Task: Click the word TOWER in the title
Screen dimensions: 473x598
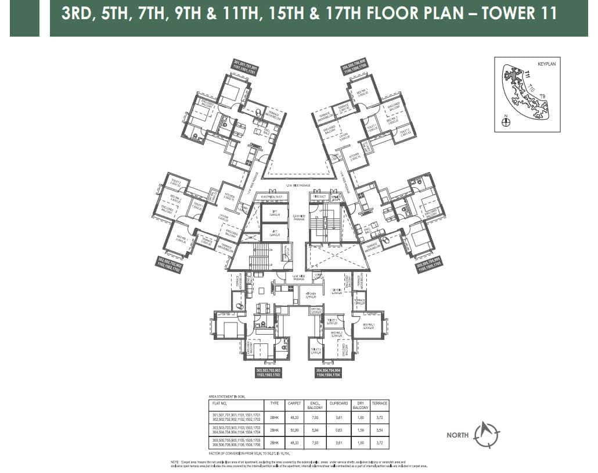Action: [498, 13]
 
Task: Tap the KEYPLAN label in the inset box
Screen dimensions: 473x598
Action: [546, 64]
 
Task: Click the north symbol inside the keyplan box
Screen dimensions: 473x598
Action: [506, 122]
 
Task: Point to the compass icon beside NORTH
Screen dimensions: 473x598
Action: [487, 433]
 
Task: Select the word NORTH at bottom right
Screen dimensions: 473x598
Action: [458, 435]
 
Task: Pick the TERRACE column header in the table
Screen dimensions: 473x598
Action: [380, 403]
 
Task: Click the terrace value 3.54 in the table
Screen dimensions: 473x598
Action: [380, 431]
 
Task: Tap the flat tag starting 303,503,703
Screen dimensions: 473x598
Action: [268, 372]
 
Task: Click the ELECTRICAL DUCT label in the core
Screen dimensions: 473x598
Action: [271, 197]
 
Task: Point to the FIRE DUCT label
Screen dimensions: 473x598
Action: [320, 197]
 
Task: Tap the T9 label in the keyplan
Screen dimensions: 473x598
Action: [543, 96]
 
